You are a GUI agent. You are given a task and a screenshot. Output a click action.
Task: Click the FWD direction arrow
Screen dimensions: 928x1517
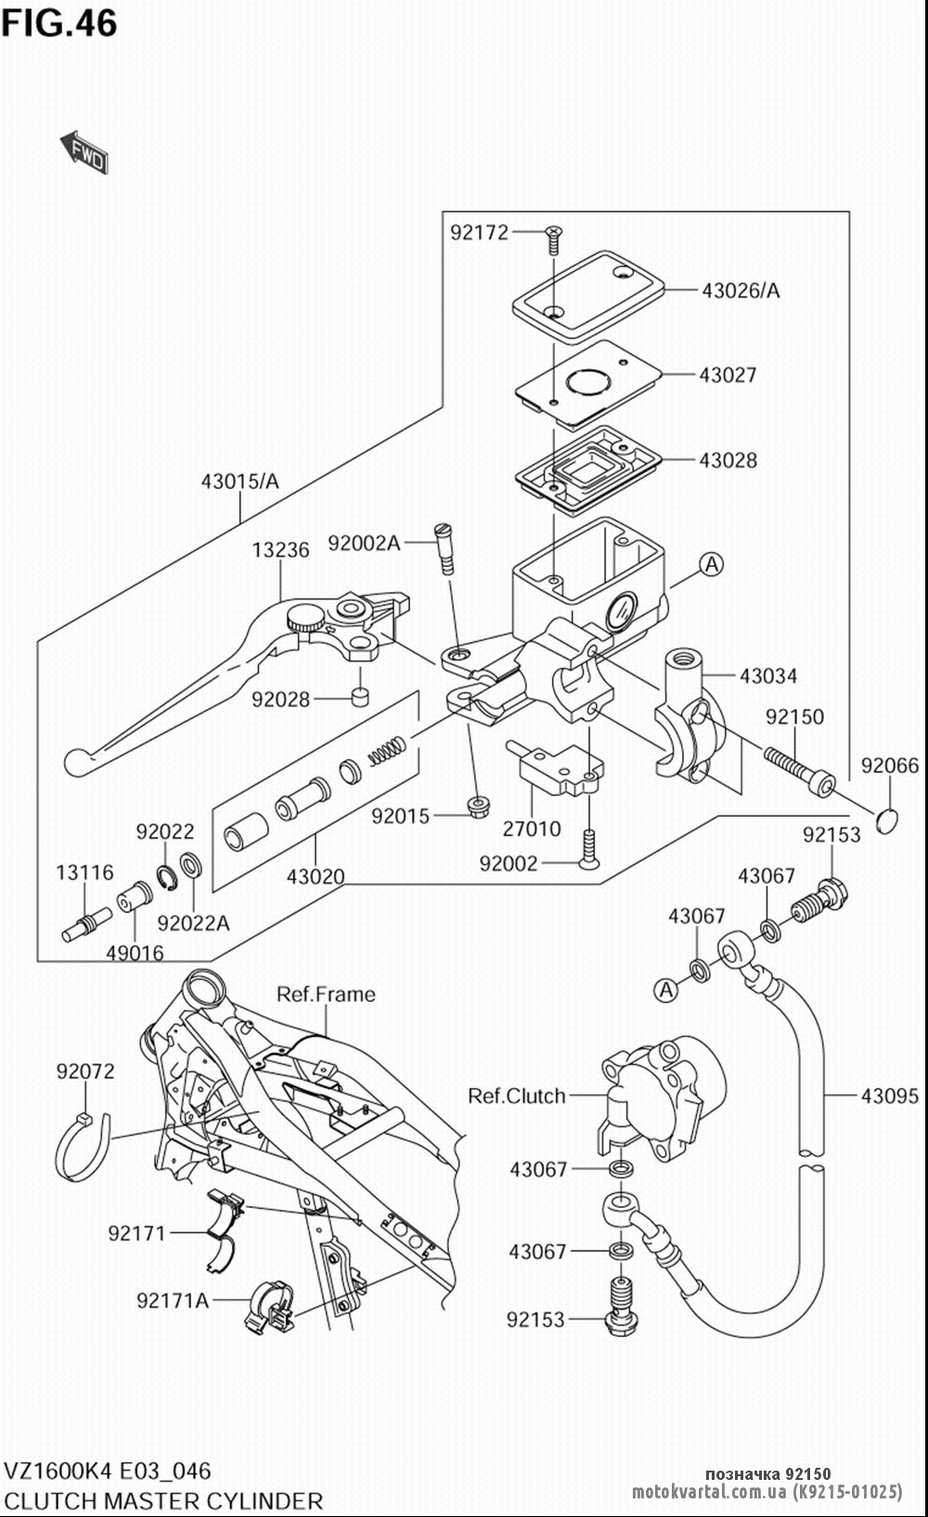84,152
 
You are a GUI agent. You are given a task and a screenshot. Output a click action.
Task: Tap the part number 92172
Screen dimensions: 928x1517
479,233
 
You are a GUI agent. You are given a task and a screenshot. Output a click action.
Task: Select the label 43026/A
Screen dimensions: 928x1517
741,290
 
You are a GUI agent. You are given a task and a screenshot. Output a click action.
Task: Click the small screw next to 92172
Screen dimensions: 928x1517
554,239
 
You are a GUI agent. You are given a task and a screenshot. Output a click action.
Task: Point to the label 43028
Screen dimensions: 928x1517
728,460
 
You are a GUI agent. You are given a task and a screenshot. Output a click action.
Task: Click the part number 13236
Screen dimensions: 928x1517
280,550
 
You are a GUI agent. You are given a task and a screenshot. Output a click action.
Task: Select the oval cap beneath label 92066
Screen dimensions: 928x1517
885,821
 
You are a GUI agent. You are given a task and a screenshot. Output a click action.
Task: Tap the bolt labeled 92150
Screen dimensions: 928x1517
799,771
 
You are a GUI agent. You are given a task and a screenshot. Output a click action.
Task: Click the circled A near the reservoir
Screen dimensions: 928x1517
711,564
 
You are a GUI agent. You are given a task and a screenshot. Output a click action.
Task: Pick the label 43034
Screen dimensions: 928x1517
768,675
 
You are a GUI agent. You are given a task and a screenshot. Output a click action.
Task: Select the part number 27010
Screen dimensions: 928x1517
532,829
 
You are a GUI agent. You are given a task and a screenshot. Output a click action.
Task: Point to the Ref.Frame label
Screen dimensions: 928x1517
326,995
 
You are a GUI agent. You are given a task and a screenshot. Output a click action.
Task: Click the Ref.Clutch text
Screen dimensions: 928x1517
517,1096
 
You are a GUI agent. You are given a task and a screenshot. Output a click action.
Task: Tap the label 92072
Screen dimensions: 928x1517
85,1072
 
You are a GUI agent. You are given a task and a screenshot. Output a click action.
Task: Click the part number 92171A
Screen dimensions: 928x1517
173,1300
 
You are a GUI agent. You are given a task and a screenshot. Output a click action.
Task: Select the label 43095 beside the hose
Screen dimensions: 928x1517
889,1096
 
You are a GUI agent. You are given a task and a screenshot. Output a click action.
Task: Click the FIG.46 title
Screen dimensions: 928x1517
59,23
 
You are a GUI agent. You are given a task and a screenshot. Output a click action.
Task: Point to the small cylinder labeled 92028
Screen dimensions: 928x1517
360,696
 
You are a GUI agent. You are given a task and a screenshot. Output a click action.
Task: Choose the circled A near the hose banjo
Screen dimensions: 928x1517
666,990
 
